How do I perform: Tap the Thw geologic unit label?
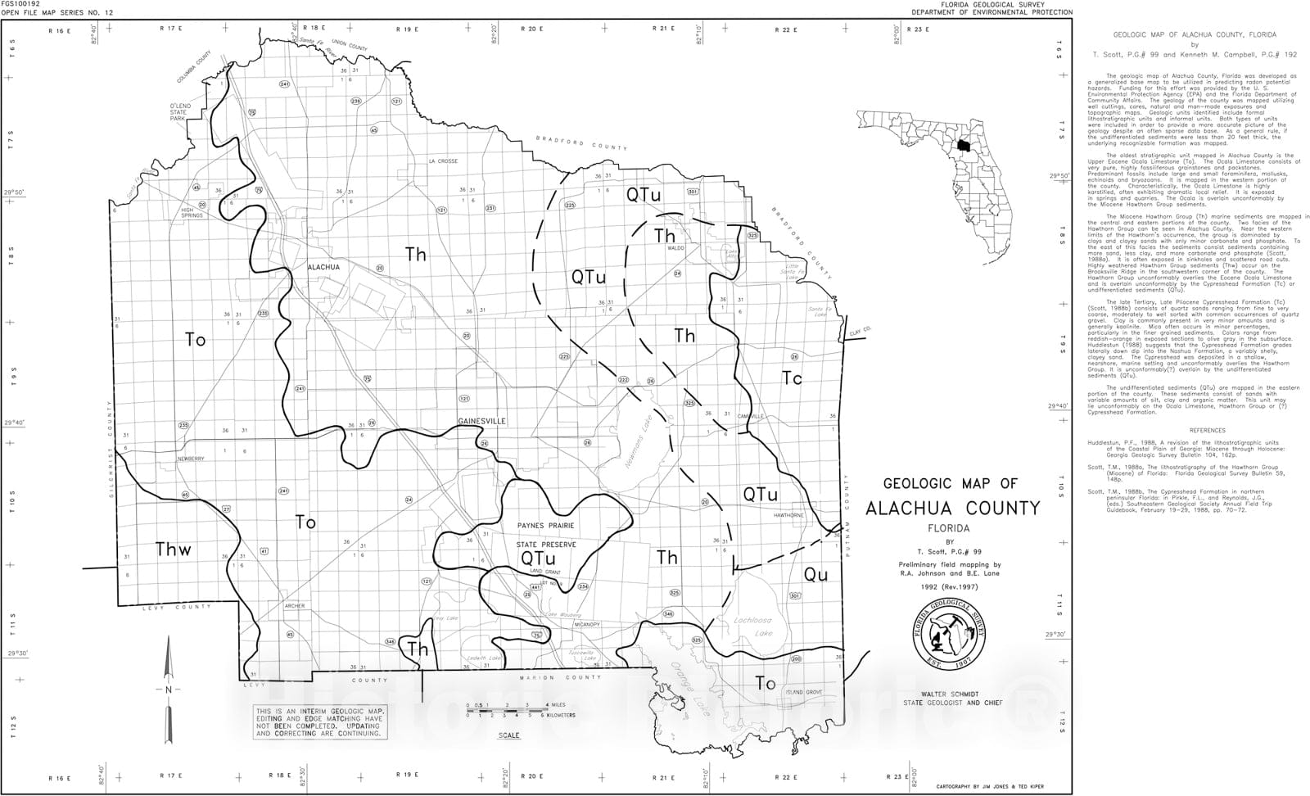click(x=174, y=550)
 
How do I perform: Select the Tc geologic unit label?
click(x=792, y=378)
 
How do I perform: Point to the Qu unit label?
click(x=815, y=574)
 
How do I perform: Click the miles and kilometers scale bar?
click(x=508, y=709)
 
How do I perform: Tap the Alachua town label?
click(x=323, y=267)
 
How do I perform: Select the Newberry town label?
click(x=190, y=459)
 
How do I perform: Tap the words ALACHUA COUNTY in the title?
click(x=952, y=508)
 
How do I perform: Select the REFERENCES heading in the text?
click(x=1208, y=430)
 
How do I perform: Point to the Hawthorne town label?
click(x=789, y=515)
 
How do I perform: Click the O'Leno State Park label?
click(x=180, y=112)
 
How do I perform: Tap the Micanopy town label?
click(x=587, y=625)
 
